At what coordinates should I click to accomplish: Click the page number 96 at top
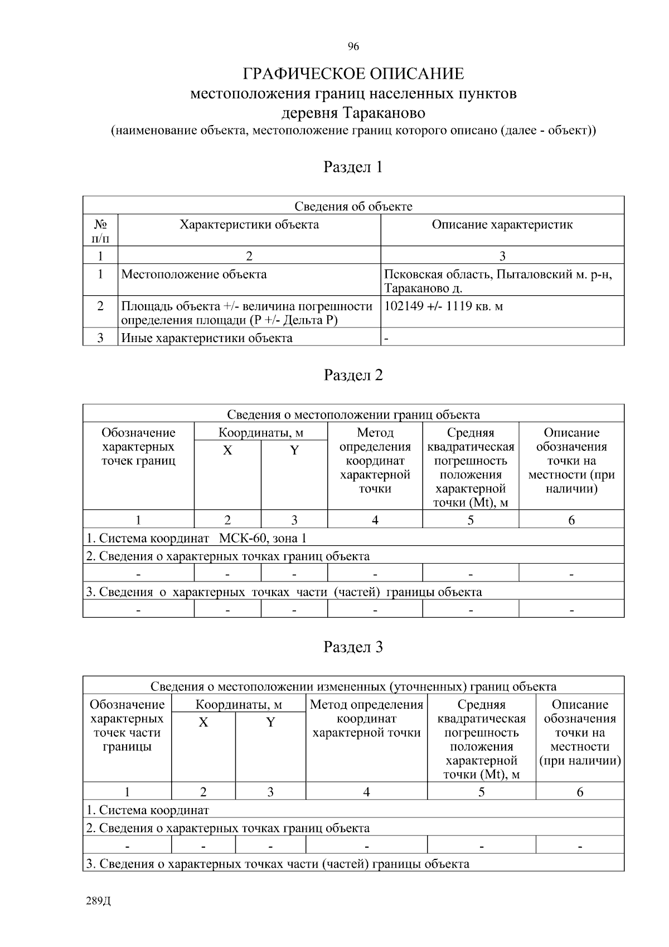[353, 46]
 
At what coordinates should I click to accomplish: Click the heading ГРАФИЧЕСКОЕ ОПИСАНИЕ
[353, 74]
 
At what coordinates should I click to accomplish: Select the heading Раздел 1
[353, 167]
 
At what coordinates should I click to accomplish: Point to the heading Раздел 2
[353, 375]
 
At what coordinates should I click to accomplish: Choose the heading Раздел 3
[353, 647]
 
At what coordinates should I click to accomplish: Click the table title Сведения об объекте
[353, 206]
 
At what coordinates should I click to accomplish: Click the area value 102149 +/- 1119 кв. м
[443, 306]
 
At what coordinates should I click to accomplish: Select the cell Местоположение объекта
[194, 275]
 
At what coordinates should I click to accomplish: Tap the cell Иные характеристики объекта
[207, 338]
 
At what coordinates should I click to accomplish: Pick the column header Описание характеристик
[502, 225]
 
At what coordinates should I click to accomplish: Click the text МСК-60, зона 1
[263, 538]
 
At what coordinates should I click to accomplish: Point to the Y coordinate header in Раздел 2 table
[294, 450]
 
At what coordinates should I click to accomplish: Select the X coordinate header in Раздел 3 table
[203, 722]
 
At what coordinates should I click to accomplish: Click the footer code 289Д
[99, 901]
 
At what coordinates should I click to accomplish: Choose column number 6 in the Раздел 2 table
[571, 520]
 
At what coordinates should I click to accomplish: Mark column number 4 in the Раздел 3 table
[366, 792]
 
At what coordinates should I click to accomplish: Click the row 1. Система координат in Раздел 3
[148, 810]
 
